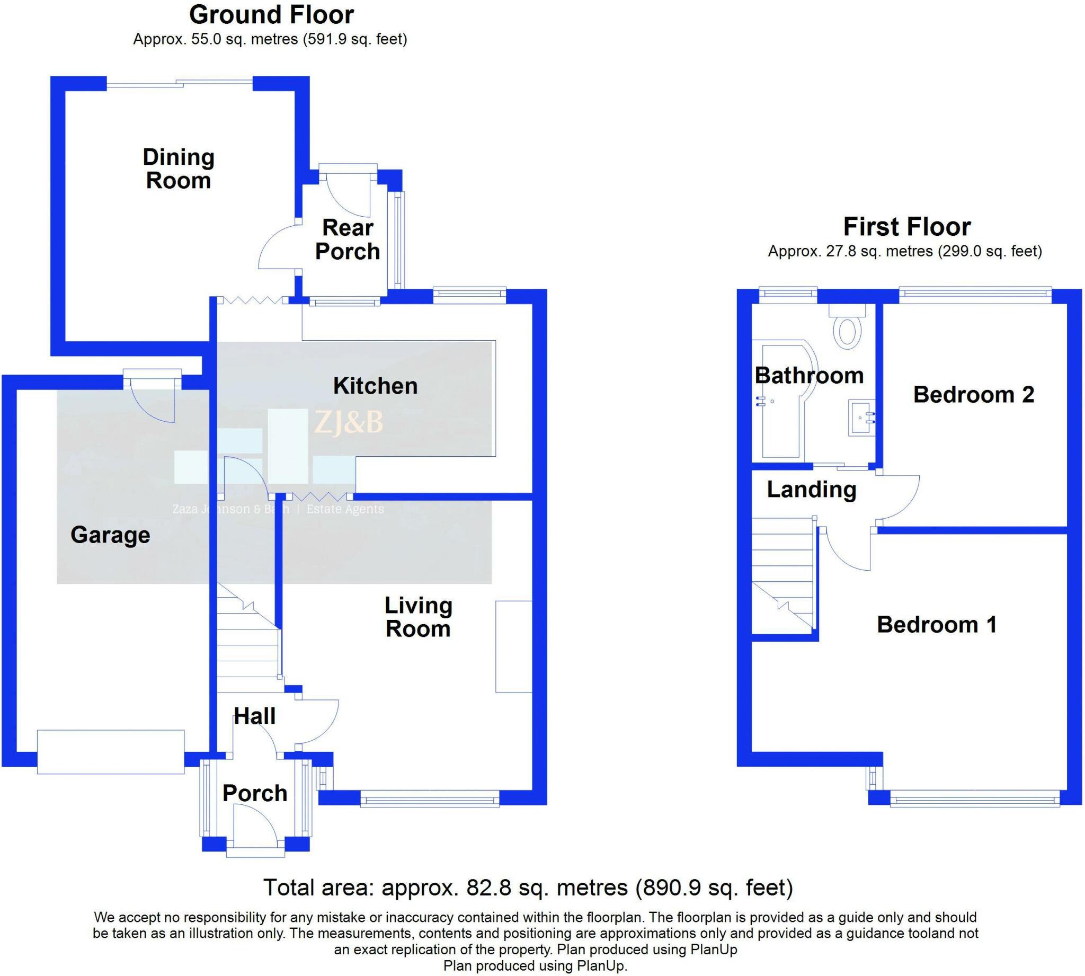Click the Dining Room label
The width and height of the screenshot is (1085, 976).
(179, 169)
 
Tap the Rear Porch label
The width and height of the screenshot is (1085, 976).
(348, 239)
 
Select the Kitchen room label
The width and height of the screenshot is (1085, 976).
(375, 386)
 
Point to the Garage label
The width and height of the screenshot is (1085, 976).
(110, 535)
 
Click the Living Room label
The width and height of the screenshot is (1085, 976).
(419, 617)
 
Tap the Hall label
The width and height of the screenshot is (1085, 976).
(255, 716)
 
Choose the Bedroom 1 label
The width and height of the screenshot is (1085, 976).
(937, 625)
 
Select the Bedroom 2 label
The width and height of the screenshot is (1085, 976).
(974, 395)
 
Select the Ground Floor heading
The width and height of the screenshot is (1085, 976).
(272, 15)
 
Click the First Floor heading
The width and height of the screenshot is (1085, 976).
(907, 227)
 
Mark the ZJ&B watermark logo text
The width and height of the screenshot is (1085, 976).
(349, 423)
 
